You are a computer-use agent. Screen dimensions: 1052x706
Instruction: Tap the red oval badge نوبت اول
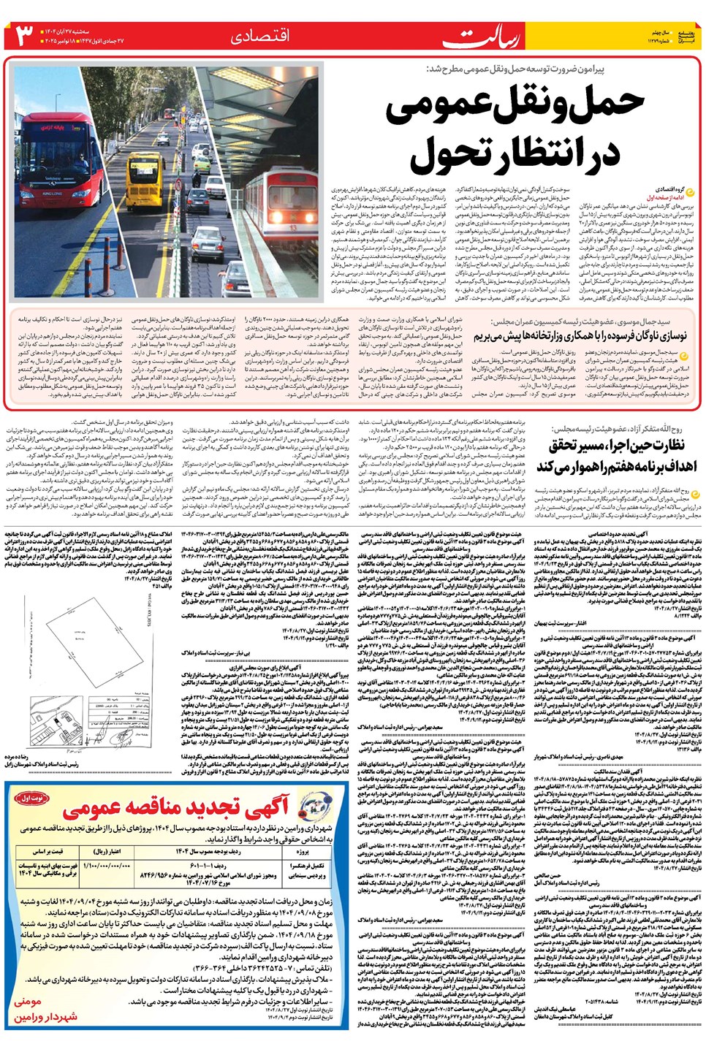(32, 800)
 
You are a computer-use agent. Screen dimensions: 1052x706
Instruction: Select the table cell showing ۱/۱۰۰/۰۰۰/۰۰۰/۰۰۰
(107, 866)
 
